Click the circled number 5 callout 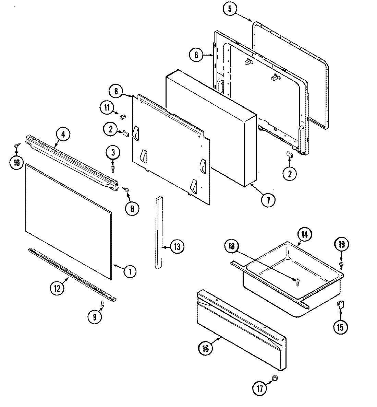(230, 9)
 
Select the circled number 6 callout (196, 55)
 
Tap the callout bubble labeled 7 (268, 200)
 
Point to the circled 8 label (116, 91)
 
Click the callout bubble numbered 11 (107, 108)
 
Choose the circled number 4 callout (63, 135)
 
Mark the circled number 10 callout (16, 163)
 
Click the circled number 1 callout (130, 272)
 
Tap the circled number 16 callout (205, 348)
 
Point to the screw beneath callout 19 (341, 264)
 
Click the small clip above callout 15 (340, 304)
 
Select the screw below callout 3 (113, 167)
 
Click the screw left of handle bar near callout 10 (16, 147)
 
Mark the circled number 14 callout (305, 235)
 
